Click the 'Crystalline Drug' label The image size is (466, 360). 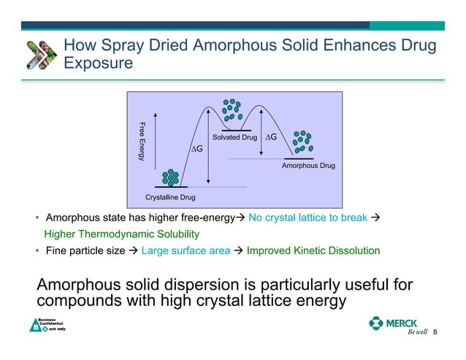tap(171, 197)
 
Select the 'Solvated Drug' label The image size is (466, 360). tap(234, 137)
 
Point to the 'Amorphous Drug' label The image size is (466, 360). tap(308, 166)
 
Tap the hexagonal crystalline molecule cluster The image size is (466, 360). tap(171, 177)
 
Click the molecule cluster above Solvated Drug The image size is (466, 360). tap(232, 109)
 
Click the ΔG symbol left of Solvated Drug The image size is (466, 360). tap(197, 149)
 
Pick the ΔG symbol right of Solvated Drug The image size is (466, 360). tap(272, 137)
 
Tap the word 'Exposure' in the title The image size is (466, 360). tap(98, 64)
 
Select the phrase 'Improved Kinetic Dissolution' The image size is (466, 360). tap(313, 250)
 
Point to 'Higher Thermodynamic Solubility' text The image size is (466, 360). tap(121, 234)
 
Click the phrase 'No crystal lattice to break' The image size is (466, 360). tap(308, 218)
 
